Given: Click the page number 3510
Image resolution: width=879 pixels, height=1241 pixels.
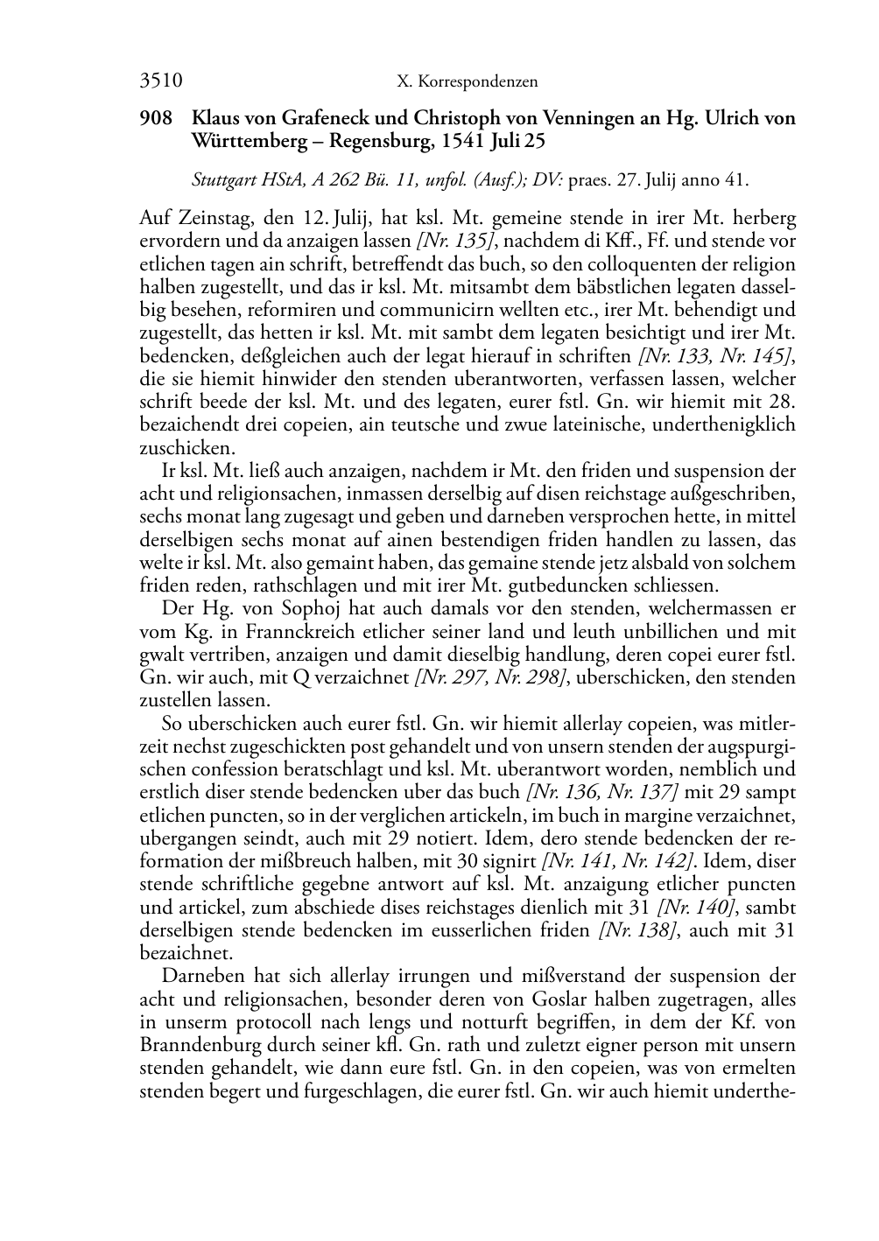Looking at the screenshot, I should coord(161,81).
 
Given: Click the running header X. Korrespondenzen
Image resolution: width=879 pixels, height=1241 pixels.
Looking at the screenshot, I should coord(467,82).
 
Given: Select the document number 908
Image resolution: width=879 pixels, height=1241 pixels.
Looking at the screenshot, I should coord(155,117).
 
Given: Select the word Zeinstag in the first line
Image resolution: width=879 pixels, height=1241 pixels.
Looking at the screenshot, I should coord(214,218).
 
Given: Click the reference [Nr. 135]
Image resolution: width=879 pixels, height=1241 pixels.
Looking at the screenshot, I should coord(442,241).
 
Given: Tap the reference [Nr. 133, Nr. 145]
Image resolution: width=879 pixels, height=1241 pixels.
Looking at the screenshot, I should coord(716,356).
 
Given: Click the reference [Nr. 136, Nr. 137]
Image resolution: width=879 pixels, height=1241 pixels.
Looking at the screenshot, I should coord(601,793).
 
